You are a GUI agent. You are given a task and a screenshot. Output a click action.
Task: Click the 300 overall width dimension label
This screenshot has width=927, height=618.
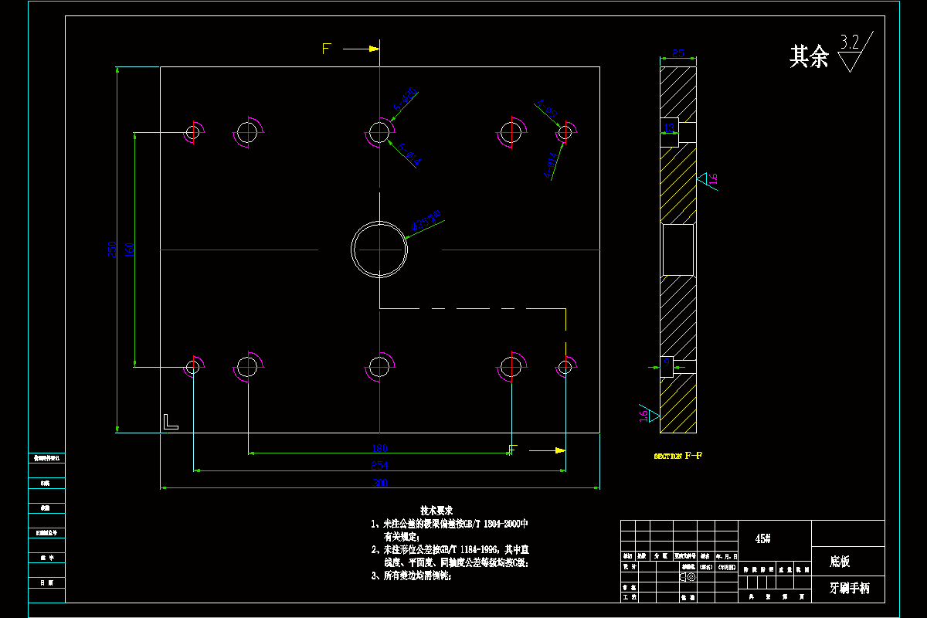pos(380,483)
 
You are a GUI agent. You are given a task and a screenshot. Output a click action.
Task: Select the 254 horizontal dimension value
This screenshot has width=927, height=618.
pos(379,465)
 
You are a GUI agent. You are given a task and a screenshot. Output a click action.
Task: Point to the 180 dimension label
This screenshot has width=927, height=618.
pos(379,448)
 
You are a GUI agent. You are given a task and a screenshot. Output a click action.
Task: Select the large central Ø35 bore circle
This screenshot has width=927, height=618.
pos(379,250)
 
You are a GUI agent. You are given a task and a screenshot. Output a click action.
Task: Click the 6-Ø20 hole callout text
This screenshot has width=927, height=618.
pos(406,98)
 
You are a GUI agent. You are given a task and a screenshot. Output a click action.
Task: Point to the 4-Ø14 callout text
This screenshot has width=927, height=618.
pos(551,165)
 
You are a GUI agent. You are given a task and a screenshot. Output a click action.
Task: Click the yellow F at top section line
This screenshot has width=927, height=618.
pos(326,49)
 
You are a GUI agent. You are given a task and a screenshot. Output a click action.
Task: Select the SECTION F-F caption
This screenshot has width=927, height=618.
pos(677,456)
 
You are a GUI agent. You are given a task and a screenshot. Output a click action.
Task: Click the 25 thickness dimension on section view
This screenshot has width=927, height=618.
pos(678,53)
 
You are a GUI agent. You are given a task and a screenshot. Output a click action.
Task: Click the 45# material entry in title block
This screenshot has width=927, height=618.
pos(762,538)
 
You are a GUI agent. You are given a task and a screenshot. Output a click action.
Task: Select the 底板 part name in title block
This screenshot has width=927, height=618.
pos(840,562)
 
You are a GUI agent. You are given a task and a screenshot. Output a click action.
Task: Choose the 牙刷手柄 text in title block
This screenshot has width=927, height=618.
pos(849,588)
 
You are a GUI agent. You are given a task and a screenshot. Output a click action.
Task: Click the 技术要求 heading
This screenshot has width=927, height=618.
pos(436,511)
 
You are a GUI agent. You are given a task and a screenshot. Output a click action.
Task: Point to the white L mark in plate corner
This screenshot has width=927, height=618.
pos(170,422)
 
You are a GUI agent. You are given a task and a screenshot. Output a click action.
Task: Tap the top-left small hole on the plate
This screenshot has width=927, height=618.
pos(192,133)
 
